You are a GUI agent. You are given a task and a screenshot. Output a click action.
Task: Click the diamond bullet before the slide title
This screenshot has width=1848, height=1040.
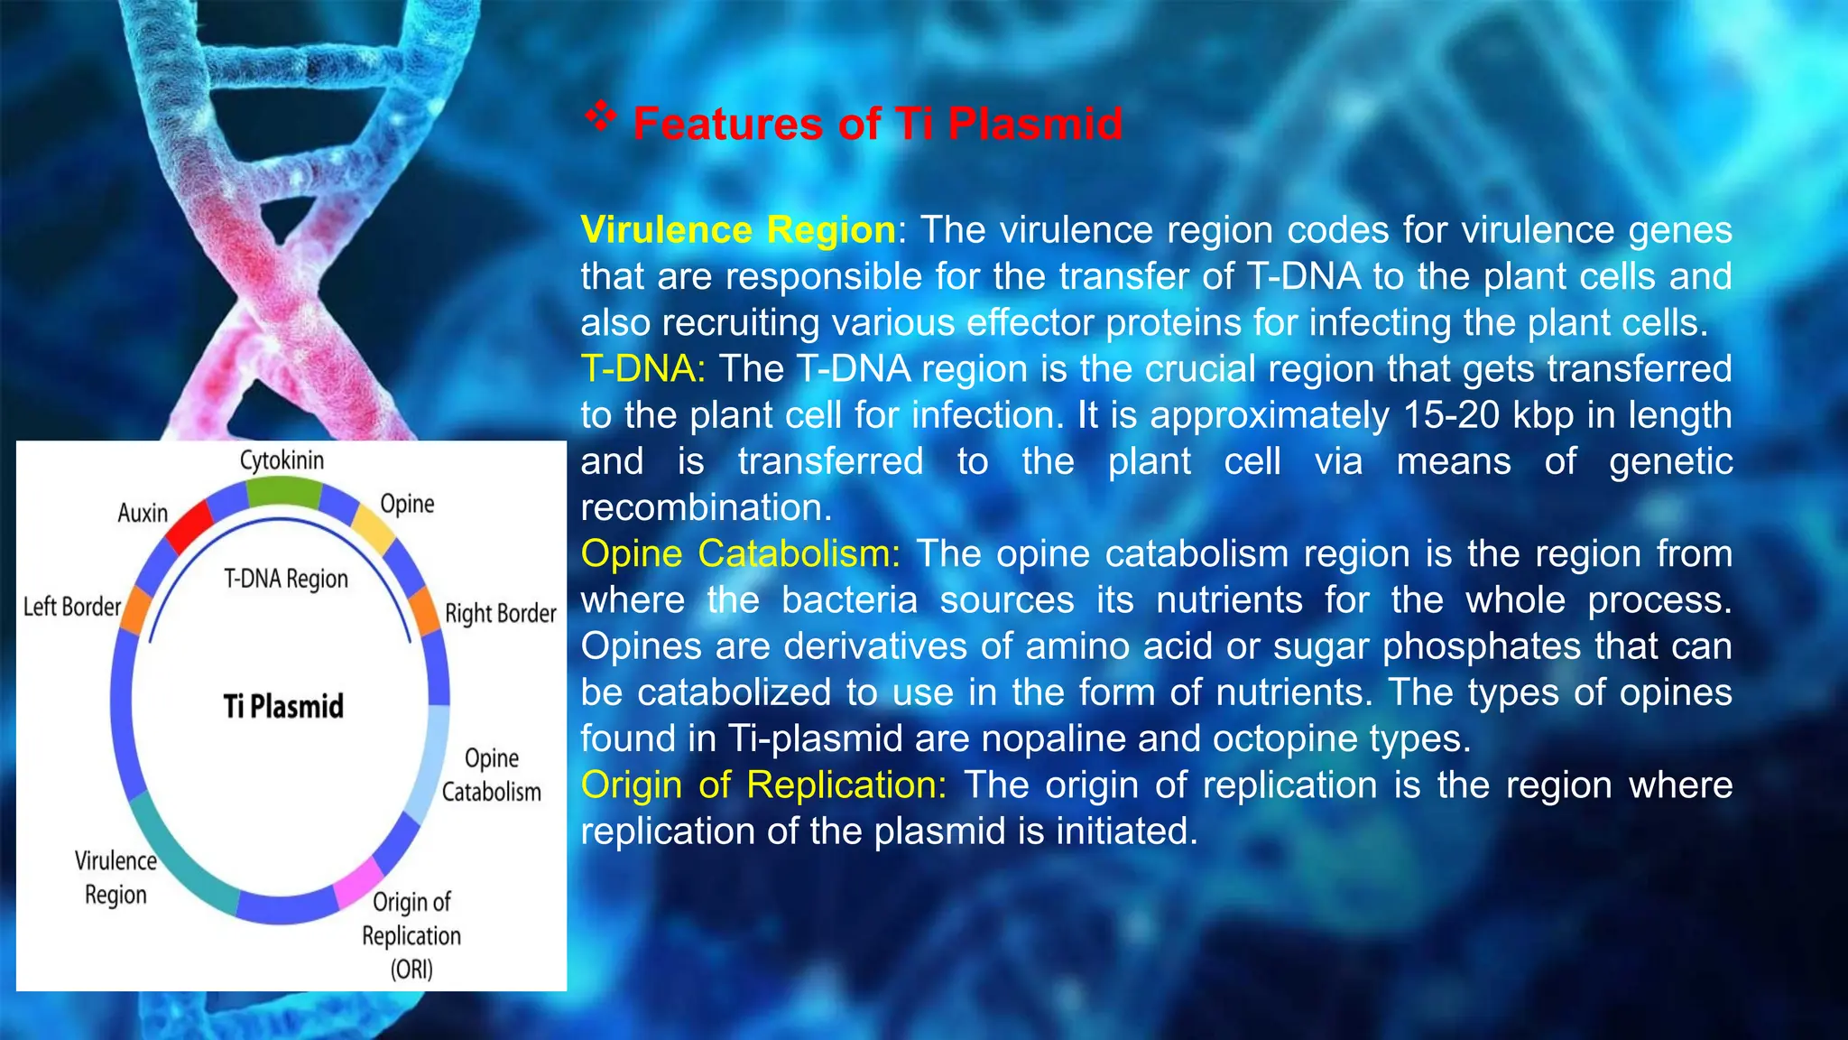click(600, 116)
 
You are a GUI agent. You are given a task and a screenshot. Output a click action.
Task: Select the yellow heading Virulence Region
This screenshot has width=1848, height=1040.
click(737, 230)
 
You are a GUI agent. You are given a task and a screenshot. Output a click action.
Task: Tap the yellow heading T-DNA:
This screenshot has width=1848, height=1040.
click(642, 369)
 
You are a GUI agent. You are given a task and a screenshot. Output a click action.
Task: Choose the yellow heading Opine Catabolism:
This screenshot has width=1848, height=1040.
click(740, 553)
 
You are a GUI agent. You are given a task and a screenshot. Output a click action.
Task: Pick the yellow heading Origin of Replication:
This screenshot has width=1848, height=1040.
click(763, 785)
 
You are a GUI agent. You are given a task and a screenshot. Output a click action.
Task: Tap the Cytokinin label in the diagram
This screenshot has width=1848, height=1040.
click(282, 460)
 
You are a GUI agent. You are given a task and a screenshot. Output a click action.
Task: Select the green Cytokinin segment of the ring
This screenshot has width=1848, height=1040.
click(283, 492)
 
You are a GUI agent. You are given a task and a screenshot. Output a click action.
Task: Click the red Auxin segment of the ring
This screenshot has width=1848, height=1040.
click(190, 526)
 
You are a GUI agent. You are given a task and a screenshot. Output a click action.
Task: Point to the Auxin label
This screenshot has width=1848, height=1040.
click(143, 513)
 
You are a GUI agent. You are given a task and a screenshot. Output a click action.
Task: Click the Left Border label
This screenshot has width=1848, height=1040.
click(71, 607)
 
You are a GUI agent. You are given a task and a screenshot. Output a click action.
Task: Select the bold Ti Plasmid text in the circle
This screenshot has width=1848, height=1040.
click(283, 706)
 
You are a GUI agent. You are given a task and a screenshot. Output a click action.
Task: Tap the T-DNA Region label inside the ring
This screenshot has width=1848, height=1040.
click(285, 579)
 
